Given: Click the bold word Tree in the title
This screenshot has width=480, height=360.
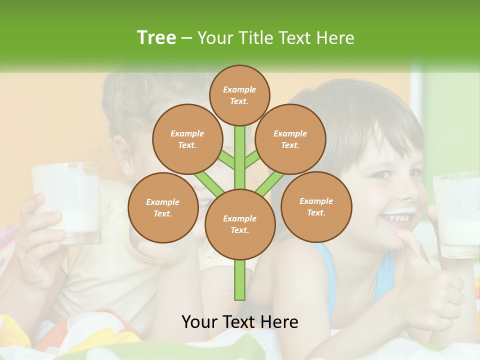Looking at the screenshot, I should coord(156,37).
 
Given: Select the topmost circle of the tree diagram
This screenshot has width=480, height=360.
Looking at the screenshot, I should coord(239,95).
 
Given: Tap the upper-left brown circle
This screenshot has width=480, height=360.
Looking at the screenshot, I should coord(187,139).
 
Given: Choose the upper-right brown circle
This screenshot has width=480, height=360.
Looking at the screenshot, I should coord(290,139).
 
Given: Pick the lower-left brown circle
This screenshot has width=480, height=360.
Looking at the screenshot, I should coord(163,207).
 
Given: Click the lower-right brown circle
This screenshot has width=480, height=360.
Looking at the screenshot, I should coord(316,206).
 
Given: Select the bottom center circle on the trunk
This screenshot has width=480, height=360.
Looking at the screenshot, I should coord(240,224).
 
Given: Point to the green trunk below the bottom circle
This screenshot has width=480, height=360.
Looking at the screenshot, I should coord(240,280).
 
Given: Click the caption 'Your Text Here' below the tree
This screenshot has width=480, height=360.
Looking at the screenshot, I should coord(239,322).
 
